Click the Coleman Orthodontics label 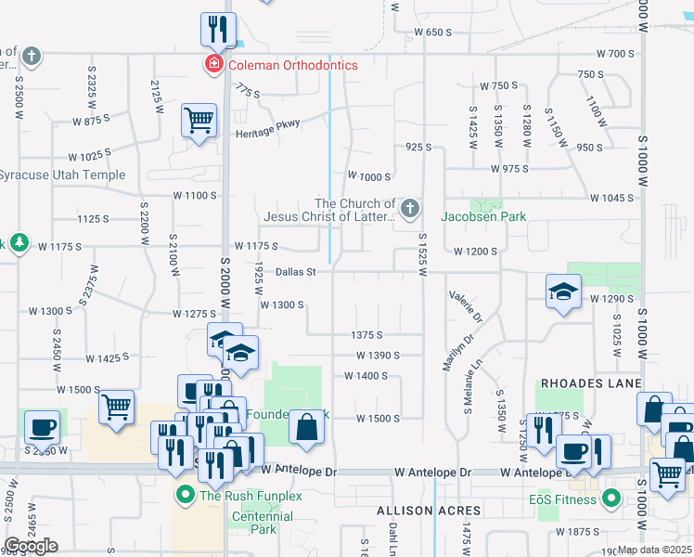pos(279,65)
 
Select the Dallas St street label pos(297,272)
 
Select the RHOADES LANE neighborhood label pos(592,383)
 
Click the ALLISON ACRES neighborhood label pos(429,512)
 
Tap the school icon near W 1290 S pos(563,293)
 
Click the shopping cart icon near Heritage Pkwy pos(199,121)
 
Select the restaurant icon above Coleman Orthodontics pos(218,30)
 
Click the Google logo pos(32,546)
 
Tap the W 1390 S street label pos(378,356)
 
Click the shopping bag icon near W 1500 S pos(306,428)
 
